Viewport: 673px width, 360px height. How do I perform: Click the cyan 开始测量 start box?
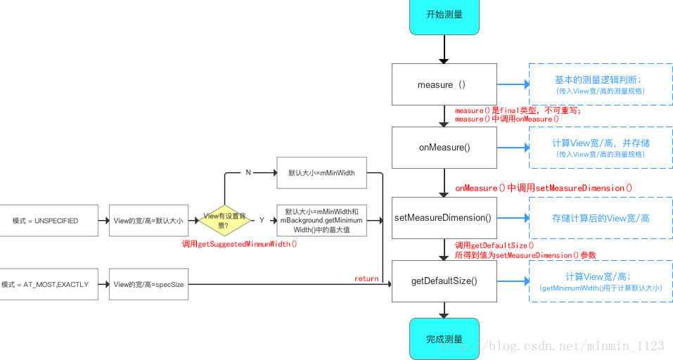click(x=444, y=15)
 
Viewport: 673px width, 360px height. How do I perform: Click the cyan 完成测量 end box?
click(x=444, y=339)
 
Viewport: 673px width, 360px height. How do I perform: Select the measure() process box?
click(x=444, y=84)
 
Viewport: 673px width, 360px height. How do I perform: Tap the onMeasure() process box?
click(x=444, y=148)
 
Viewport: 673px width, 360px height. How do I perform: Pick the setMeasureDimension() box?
click(x=444, y=218)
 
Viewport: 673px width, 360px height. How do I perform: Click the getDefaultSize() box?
click(x=444, y=281)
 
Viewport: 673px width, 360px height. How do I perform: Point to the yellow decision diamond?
click(x=224, y=220)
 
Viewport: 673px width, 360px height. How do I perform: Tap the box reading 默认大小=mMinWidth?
click(x=321, y=172)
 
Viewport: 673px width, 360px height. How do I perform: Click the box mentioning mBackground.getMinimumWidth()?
click(x=321, y=220)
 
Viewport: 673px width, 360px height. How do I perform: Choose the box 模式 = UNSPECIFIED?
click(x=49, y=220)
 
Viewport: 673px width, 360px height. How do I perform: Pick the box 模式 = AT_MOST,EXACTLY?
click(x=49, y=284)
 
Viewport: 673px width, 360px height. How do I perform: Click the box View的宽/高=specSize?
click(x=148, y=284)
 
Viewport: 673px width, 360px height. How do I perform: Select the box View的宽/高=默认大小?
click(x=148, y=220)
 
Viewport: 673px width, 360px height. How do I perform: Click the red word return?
click(x=366, y=278)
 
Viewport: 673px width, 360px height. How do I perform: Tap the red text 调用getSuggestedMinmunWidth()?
click(x=239, y=244)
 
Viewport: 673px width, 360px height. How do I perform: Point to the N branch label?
click(x=248, y=172)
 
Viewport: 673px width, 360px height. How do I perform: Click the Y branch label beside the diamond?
click(x=262, y=220)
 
